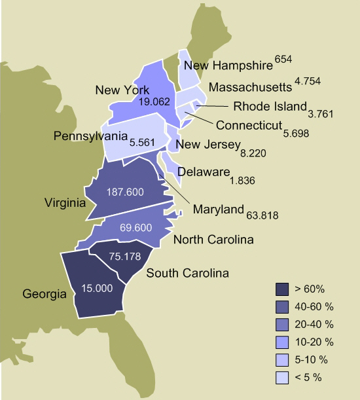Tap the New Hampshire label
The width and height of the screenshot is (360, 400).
228,65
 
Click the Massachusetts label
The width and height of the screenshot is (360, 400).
249,87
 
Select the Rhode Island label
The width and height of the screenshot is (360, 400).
270,107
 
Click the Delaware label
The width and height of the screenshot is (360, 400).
204,172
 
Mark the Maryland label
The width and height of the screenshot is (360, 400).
219,209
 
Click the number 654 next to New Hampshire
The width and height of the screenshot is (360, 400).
283,60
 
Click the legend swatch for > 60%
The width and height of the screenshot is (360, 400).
282,289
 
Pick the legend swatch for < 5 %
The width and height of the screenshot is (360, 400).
282,377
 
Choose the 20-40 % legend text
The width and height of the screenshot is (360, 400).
314,324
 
